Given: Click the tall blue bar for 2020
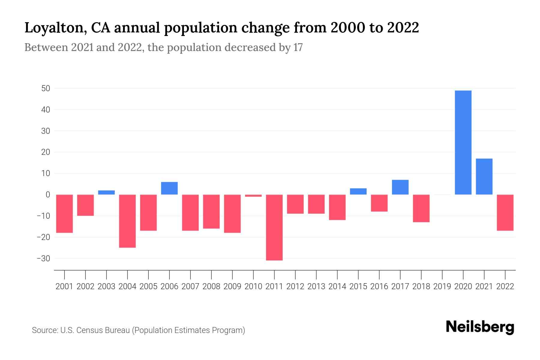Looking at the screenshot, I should coord(463,142).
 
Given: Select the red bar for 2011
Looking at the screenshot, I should coord(274,227).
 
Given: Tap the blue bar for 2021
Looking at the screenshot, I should coord(484,176).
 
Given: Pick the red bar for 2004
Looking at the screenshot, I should coord(127,221).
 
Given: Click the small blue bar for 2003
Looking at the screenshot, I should coord(106,193).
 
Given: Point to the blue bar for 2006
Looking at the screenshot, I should coord(169,188).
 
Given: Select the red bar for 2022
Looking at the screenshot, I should coord(505,213).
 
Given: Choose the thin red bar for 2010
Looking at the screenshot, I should coord(253,196).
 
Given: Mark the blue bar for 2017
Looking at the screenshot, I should coord(400,187).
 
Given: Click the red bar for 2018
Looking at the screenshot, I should coord(421,208).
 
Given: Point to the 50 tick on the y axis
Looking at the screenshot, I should coord(46,88).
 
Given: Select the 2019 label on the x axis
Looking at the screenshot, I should coord(442,286).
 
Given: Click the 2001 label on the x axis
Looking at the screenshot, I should coord(64,286).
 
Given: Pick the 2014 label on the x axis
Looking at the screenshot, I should coord(337,286).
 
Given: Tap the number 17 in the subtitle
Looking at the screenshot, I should coord(298,47).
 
